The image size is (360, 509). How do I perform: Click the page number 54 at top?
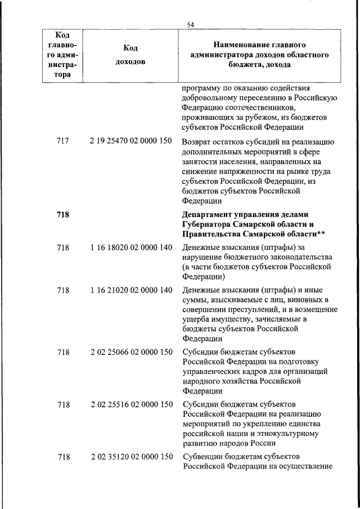click(x=190, y=24)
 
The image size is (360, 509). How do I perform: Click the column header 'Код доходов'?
click(x=130, y=55)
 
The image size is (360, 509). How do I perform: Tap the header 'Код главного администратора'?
click(x=62, y=55)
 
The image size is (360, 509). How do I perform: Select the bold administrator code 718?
click(x=63, y=215)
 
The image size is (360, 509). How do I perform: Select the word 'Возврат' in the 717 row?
click(x=197, y=142)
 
